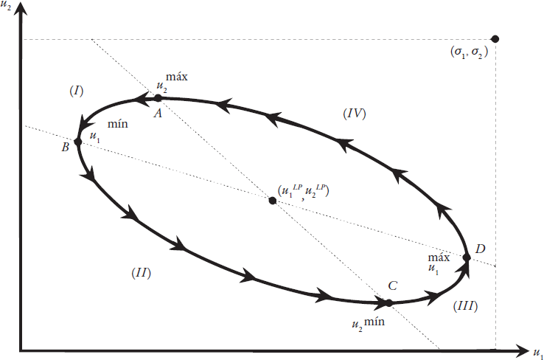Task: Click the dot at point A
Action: click(157, 97)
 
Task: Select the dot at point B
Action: click(77, 141)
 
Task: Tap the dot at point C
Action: click(388, 302)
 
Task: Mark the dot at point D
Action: click(466, 257)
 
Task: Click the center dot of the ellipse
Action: click(273, 200)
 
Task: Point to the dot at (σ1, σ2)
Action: click(495, 38)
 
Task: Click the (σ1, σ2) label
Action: click(467, 53)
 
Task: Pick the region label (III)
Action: click(464, 304)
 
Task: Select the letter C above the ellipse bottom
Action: click(392, 286)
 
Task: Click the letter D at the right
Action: click(480, 249)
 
